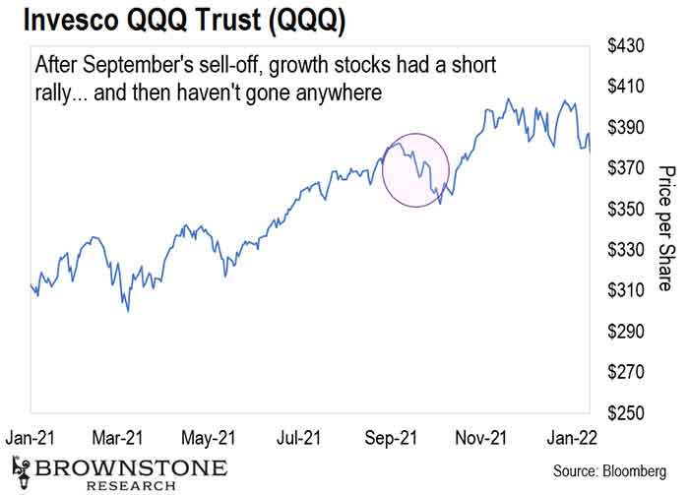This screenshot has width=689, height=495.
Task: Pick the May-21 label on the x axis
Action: (209, 436)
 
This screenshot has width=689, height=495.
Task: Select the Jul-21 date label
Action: (297, 436)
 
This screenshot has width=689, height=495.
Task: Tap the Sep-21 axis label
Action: (389, 436)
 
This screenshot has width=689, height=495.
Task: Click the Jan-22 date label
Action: (570, 436)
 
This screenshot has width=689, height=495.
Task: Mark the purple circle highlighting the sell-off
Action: (414, 169)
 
